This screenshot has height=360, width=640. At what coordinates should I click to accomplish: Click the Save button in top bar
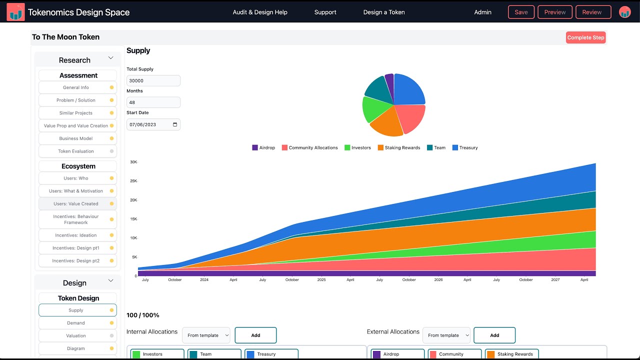coord(521,12)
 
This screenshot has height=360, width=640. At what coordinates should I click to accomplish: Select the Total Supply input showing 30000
coord(153,80)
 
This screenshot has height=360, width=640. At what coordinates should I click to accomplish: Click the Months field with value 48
coord(153,102)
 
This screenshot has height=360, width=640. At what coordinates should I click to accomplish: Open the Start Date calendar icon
coord(175,124)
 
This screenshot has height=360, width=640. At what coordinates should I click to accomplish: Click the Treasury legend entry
coord(465,147)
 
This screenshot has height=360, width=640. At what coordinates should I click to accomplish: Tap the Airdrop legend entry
coord(263,147)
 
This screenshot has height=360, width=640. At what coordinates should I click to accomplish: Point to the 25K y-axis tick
coord(133,181)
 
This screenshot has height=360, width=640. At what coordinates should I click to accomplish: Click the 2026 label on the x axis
coord(438,280)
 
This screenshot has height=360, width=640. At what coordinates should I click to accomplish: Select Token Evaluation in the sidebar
coord(76,151)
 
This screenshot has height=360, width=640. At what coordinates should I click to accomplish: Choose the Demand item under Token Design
coord(76,323)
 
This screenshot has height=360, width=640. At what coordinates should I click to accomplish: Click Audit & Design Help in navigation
coord(260,12)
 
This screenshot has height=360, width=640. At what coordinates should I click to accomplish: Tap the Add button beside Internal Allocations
coord(255,335)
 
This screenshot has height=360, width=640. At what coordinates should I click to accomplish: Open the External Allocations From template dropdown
coord(447,335)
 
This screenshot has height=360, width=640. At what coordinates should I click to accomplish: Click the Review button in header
coord(593,12)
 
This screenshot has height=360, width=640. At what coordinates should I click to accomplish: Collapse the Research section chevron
coord(111,58)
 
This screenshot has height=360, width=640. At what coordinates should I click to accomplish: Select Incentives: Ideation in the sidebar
coord(76,235)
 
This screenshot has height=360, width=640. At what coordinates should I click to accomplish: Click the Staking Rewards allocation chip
coord(511,354)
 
